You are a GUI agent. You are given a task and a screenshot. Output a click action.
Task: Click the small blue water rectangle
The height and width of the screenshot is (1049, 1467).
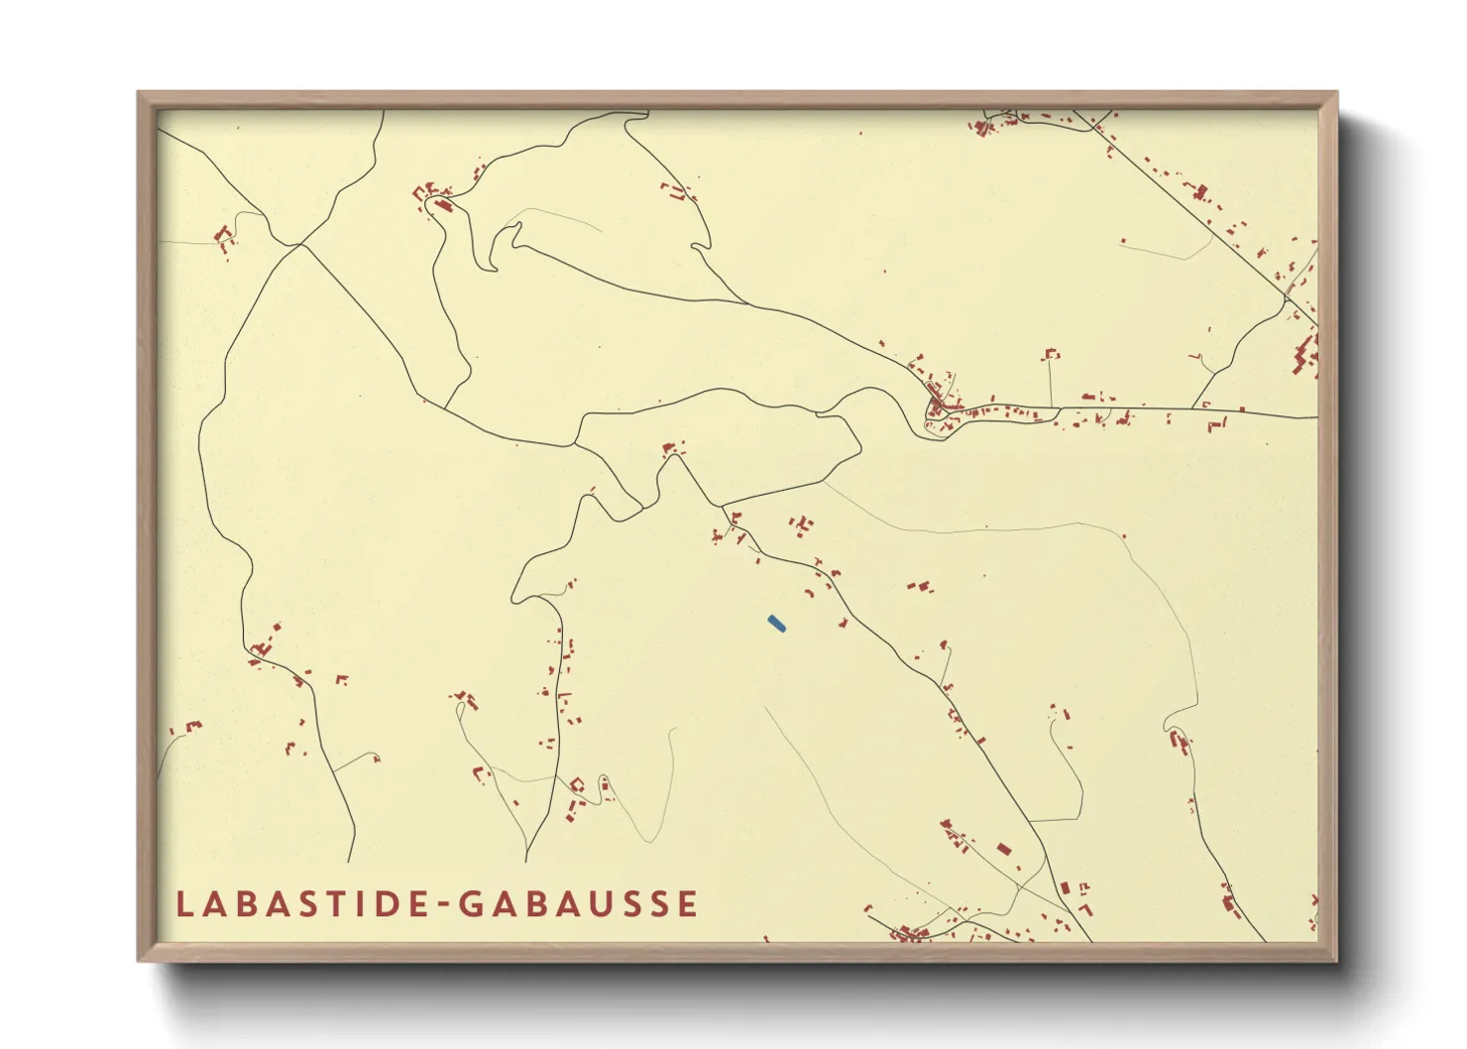point(776,623)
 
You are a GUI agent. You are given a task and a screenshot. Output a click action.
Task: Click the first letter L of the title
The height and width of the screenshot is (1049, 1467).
point(183,904)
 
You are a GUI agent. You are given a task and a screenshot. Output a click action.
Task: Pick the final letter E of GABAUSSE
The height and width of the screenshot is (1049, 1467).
point(688,904)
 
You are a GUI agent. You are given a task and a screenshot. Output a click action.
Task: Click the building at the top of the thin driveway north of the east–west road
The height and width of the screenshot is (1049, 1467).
point(1051,354)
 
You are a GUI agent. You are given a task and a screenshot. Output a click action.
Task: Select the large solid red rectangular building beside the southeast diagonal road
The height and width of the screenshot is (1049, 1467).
point(1003,850)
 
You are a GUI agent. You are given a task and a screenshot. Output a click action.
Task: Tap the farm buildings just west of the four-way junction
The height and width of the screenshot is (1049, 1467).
point(225,238)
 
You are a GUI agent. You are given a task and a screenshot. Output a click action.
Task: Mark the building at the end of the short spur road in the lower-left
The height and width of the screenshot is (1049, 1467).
point(377,759)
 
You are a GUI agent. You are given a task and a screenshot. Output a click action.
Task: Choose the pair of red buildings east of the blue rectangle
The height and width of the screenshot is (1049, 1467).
point(921,587)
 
